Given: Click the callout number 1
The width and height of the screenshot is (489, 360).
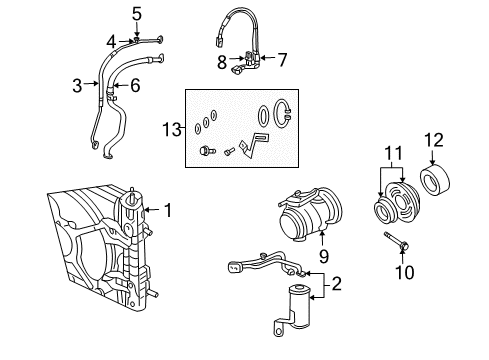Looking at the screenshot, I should pyautogui.click(x=168, y=210).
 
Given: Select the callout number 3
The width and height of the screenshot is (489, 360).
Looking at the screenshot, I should pyautogui.click(x=76, y=86).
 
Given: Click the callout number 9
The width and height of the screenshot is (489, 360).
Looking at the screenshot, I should pyautogui.click(x=135, y=86).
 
